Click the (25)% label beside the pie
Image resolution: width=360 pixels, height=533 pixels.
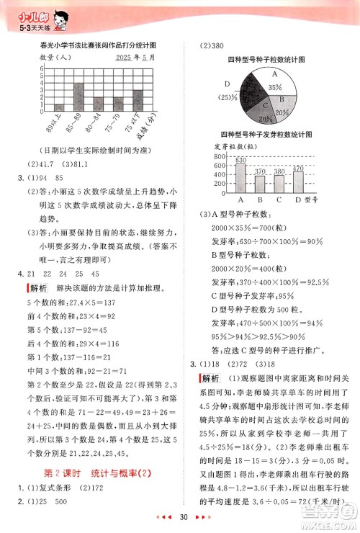pos(229,97)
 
